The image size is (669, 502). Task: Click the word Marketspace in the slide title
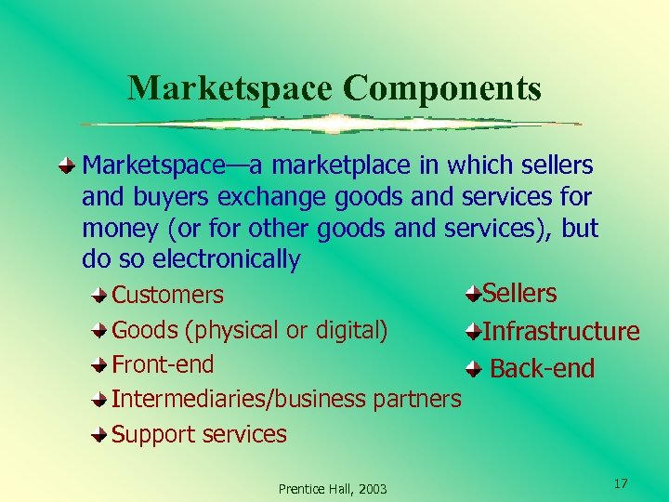point(231,88)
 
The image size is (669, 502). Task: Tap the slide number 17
point(621,483)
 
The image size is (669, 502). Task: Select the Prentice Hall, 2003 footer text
point(333,489)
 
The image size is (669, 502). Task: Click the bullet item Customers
point(167,296)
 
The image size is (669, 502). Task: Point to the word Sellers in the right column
point(519,294)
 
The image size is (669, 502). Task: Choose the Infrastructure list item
point(561,332)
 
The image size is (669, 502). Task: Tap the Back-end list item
point(542,369)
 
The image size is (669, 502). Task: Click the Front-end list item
point(163,364)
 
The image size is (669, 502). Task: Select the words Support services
point(199,434)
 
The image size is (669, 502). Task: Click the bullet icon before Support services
point(99,434)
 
